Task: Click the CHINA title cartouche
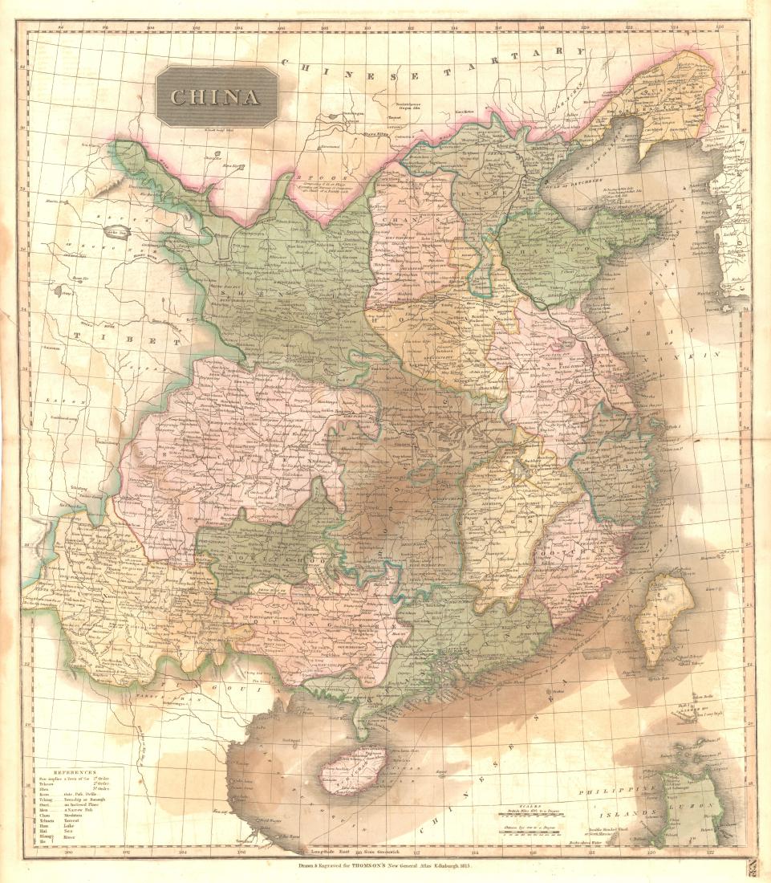[x=217, y=97]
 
